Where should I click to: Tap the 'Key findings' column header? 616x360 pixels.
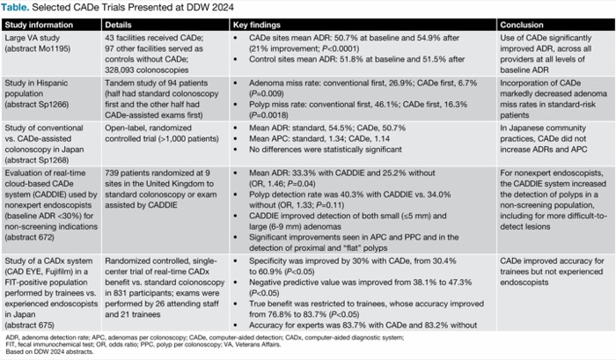[258, 22]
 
